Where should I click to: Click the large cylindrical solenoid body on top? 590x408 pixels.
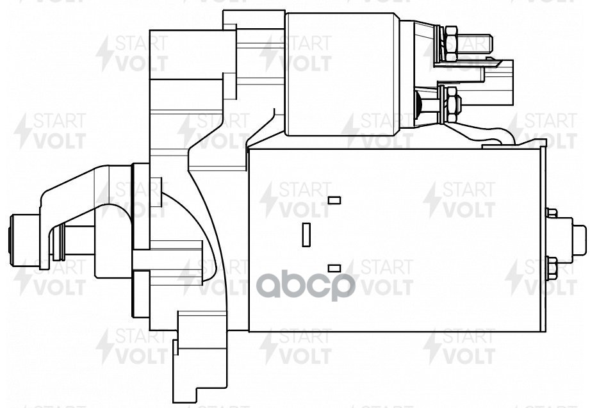343,74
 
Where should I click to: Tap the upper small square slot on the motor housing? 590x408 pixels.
334,200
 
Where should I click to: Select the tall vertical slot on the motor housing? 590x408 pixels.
306,234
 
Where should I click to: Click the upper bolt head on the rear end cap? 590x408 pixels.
551,213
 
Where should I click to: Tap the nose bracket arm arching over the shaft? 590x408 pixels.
77,186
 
